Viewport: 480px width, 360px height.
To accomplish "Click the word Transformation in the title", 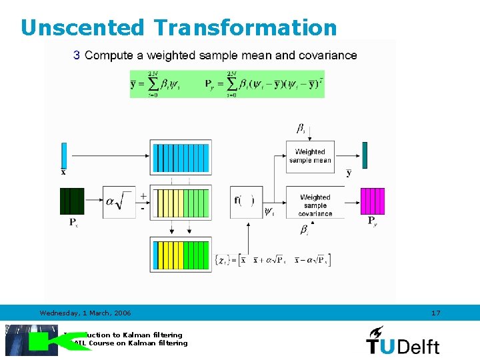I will (245, 28).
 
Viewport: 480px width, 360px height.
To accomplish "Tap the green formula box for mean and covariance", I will (227, 84).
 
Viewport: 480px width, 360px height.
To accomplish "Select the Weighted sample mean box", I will (310, 156).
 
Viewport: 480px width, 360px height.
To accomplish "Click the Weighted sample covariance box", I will (315, 205).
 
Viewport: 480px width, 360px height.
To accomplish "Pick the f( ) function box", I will (245, 201).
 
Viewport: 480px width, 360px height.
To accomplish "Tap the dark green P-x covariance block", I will (72, 201).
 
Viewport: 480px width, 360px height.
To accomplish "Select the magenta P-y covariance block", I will (373, 201).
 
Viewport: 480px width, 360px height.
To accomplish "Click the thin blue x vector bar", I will (64, 155).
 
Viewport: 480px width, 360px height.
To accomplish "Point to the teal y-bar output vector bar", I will (365, 155).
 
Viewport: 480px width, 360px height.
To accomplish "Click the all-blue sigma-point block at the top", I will (181, 157).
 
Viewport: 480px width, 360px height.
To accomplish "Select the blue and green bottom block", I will (181, 254).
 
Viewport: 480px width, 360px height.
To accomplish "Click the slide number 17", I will (436, 313).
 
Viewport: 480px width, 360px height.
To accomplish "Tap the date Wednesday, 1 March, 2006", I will (85, 313).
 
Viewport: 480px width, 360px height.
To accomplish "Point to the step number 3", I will (77, 55).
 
